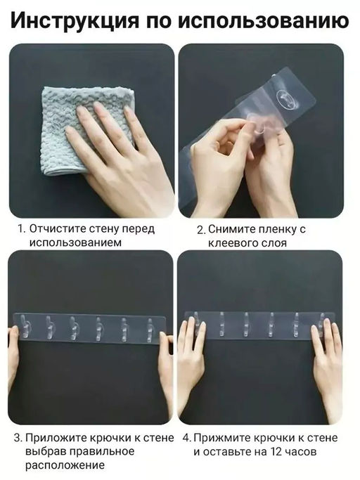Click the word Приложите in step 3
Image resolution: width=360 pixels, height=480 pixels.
(56, 438)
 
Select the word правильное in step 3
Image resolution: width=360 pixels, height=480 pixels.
(103, 451)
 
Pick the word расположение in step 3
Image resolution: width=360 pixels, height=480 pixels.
(65, 466)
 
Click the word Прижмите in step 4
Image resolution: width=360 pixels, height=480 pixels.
(221, 438)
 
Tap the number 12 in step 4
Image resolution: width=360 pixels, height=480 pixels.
(277, 451)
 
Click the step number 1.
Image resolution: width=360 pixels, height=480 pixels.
(22, 229)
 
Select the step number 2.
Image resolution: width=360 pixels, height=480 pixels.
(201, 230)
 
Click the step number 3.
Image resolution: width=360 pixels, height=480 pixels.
(18, 438)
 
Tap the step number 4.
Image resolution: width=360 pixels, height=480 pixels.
(186, 438)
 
